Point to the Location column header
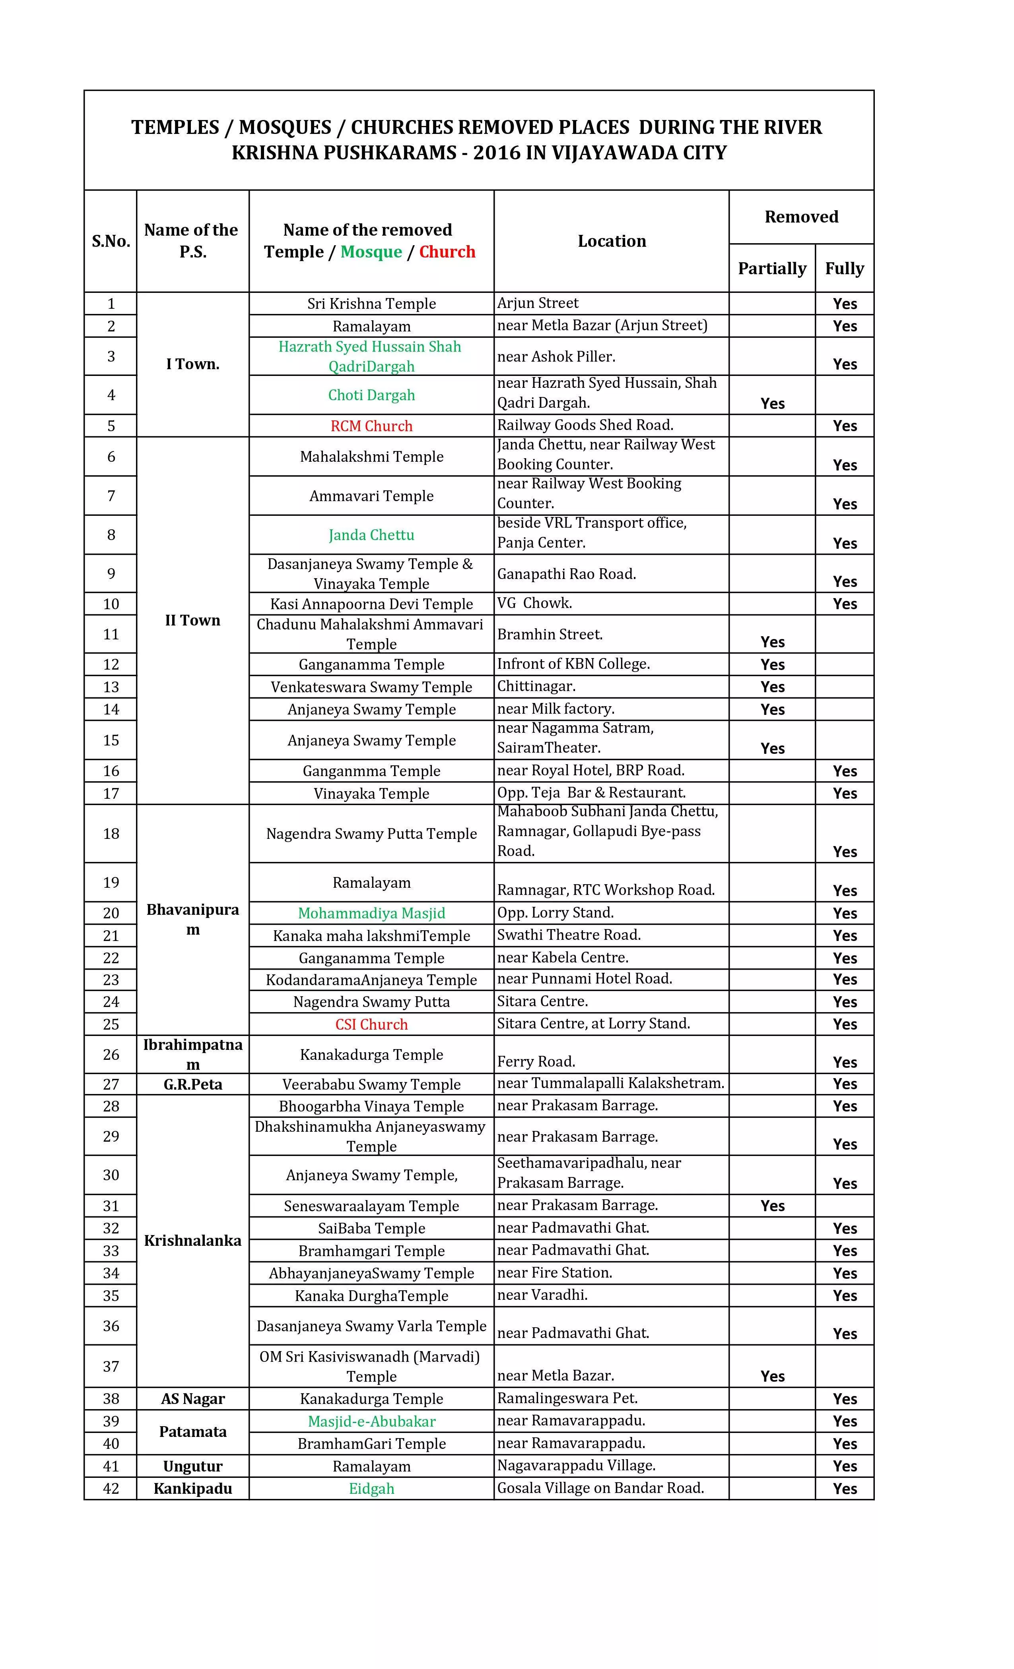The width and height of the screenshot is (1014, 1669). point(612,241)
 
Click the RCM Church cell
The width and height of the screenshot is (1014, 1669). point(371,426)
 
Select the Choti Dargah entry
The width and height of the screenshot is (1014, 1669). point(371,395)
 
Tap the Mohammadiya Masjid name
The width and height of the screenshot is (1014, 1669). point(371,913)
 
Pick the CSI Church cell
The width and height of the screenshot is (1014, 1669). point(371,1024)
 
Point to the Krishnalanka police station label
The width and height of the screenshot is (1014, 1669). point(192,1240)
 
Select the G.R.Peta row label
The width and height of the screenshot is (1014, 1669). point(192,1084)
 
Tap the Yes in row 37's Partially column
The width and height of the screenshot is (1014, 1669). point(772,1377)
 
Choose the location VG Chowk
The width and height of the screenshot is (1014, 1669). point(534,603)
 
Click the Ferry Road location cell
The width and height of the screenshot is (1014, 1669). point(536,1061)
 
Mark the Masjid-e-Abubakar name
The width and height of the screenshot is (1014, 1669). point(371,1421)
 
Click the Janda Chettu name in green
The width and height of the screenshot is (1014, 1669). point(371,535)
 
